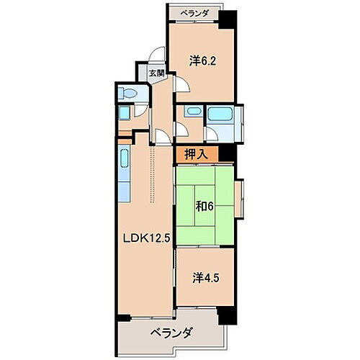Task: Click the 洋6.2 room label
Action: coord(202,61)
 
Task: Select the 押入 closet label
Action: coord(196,153)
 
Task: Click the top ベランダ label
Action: coord(194,12)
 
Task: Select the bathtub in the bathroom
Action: coord(218,114)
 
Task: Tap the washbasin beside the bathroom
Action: coord(191,113)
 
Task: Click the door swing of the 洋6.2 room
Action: coord(180,85)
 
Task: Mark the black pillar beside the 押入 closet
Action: coord(227,153)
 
